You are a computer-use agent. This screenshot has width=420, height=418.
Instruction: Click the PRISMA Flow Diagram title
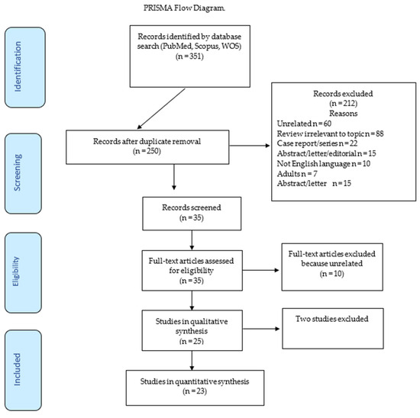(x=184, y=8)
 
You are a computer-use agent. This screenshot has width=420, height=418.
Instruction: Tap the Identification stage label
(x=18, y=67)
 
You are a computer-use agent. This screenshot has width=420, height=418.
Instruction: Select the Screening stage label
(x=18, y=172)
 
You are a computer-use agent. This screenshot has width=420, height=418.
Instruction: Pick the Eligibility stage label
(x=16, y=272)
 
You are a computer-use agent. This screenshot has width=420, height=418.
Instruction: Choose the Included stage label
(x=17, y=369)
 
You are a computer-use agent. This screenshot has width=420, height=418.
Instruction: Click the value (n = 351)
(x=189, y=56)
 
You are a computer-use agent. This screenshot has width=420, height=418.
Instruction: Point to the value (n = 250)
(x=147, y=151)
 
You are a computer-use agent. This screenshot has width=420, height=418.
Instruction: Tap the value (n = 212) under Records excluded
(x=343, y=103)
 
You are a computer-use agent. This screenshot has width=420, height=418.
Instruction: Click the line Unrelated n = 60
(x=304, y=124)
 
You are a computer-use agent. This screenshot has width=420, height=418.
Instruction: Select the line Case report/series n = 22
(x=317, y=143)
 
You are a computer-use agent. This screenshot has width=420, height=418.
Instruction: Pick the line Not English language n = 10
(x=324, y=163)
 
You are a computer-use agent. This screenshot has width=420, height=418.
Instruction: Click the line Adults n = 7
(x=297, y=174)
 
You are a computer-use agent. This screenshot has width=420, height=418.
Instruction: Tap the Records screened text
(x=192, y=207)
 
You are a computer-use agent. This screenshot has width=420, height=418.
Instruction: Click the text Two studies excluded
(x=332, y=319)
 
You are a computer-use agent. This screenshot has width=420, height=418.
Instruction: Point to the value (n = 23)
(x=195, y=391)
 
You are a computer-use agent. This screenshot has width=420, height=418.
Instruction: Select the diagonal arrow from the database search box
(x=161, y=109)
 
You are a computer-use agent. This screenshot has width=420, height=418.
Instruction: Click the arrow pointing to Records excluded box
(x=250, y=146)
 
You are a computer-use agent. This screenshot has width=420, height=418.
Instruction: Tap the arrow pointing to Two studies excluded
(x=261, y=329)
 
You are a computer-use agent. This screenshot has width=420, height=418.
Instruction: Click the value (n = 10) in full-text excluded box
(x=332, y=274)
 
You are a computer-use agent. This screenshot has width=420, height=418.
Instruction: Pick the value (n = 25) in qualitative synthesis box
(x=192, y=341)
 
